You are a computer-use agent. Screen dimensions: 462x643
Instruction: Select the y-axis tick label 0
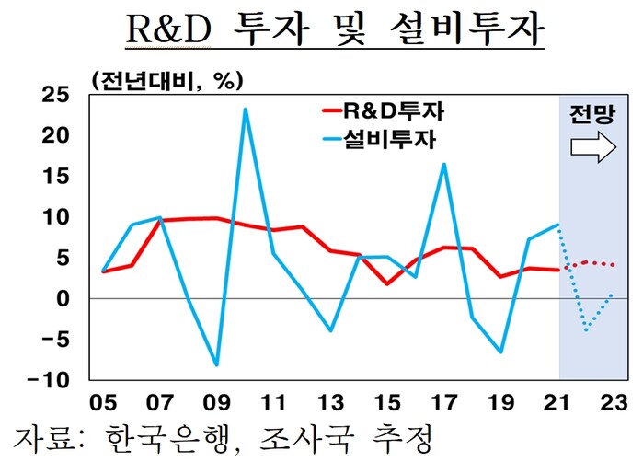63,299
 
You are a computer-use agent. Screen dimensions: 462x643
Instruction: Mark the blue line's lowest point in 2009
217,365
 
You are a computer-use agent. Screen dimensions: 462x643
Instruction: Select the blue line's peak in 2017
444,165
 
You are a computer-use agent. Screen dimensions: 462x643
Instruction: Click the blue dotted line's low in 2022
586,329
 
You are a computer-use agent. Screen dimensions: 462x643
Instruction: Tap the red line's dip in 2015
387,283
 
